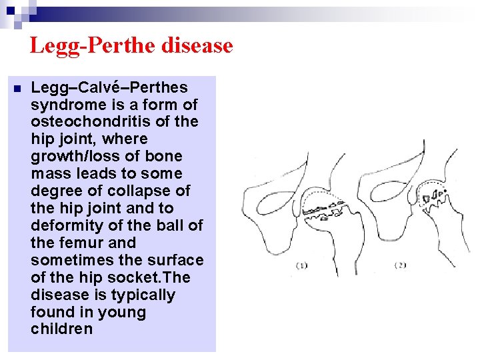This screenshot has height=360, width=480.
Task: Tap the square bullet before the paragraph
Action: click(x=16, y=89)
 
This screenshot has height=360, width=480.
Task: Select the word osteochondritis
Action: click(x=92, y=122)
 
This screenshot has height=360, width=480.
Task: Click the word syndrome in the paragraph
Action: click(x=62, y=105)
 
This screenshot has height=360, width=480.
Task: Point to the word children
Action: click(x=62, y=330)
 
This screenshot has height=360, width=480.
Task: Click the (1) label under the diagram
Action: click(x=301, y=265)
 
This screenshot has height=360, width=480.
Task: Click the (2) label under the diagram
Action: click(x=401, y=265)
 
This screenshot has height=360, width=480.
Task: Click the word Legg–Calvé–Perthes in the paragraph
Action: click(x=109, y=88)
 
